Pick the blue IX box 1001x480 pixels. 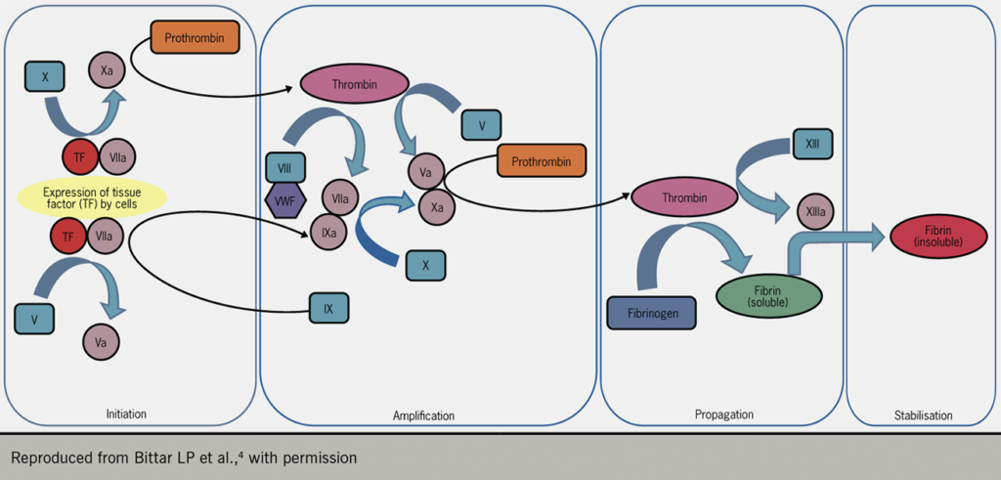(x=328, y=308)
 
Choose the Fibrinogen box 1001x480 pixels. (x=651, y=313)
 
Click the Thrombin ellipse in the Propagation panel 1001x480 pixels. (x=683, y=197)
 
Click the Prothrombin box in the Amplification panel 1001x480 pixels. (x=542, y=160)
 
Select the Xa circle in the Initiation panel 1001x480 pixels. (x=107, y=69)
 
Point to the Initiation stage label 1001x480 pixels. (x=126, y=415)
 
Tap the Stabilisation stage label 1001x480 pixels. (x=922, y=415)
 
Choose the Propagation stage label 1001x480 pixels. (x=723, y=415)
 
